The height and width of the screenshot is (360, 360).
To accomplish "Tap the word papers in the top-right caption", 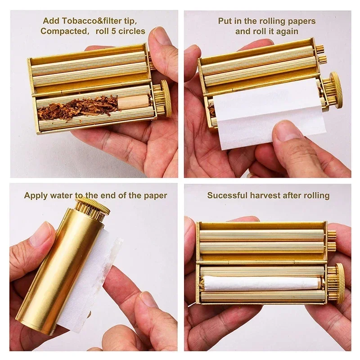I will [x=301, y=21].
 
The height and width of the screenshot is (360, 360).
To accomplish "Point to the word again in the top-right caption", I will [x=288, y=31].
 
